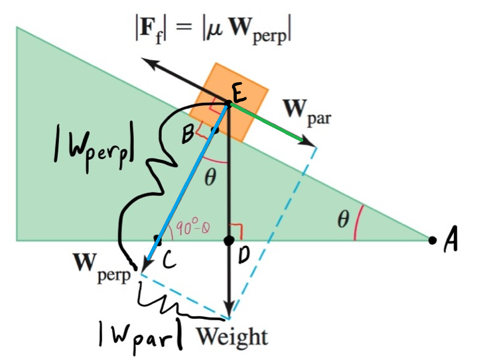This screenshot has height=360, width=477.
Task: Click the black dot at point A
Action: point(433,239)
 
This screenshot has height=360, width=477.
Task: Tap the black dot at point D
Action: point(229,239)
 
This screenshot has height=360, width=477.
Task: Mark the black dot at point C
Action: point(157,238)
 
